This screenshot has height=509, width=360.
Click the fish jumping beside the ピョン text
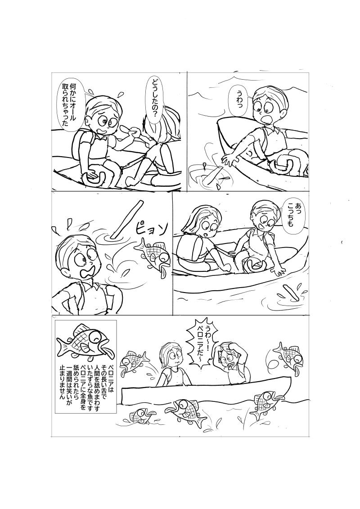152,254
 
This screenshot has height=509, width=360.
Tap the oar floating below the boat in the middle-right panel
291,293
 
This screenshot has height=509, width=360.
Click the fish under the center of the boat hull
184,411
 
